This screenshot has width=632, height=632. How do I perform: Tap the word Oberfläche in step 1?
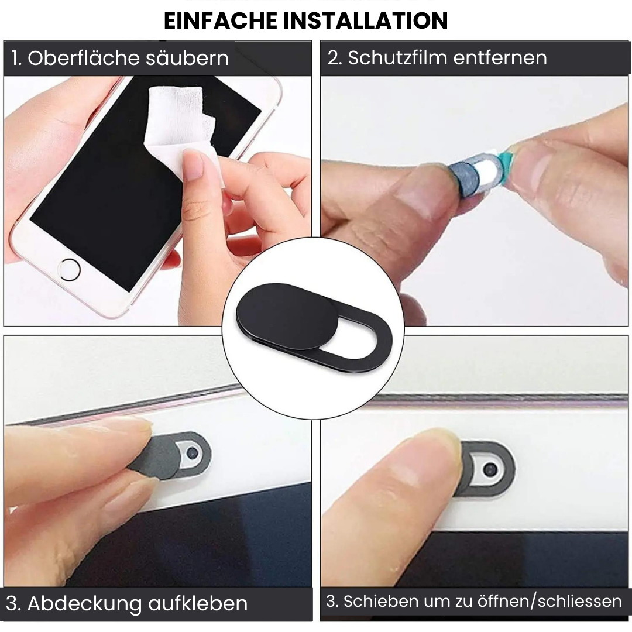point(84,58)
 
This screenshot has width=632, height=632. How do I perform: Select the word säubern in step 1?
point(187,58)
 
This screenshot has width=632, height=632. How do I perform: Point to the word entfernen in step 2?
point(500,58)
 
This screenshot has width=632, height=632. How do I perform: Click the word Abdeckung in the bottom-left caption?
point(85,604)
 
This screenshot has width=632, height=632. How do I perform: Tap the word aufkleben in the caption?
point(198,603)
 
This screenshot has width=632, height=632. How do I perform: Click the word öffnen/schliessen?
point(549,601)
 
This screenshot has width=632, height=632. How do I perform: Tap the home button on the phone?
point(69,269)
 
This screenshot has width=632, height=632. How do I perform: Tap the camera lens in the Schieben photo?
point(490,469)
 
